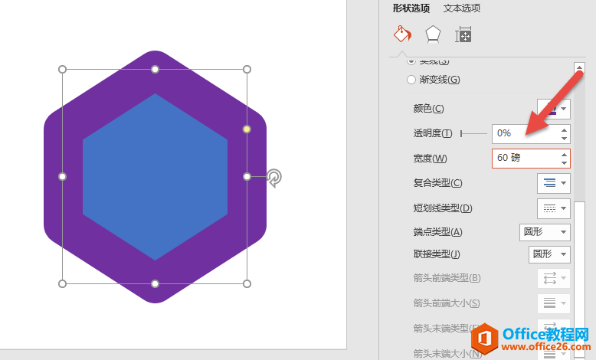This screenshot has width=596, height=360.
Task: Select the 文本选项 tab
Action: pyautogui.click(x=462, y=8)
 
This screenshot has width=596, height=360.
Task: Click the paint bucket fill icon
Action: pyautogui.click(x=401, y=34)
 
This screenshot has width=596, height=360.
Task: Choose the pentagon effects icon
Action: pyautogui.click(x=433, y=34)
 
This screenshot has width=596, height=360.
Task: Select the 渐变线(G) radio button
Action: pyautogui.click(x=412, y=79)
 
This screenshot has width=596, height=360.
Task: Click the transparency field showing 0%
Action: pyautogui.click(x=525, y=133)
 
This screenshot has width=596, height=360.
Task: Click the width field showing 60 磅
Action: pyautogui.click(x=525, y=158)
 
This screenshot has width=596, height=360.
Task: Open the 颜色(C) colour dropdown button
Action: pyautogui.click(x=554, y=108)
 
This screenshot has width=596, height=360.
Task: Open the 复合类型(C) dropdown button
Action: pyautogui.click(x=554, y=183)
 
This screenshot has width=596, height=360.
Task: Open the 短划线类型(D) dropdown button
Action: pyautogui.click(x=554, y=208)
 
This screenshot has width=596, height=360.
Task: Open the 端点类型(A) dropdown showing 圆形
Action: pyautogui.click(x=545, y=232)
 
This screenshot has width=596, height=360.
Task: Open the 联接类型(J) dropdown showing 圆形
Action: pyautogui.click(x=549, y=254)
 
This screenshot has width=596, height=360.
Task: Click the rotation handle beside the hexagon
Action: pyautogui.click(x=273, y=178)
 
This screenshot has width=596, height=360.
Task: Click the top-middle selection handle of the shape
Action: pyautogui.click(x=155, y=70)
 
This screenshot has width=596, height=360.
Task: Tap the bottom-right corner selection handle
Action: pyautogui.click(x=247, y=283)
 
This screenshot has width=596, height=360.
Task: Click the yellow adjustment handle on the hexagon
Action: pyautogui.click(x=247, y=129)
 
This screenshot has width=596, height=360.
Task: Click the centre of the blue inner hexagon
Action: pyautogui.click(x=155, y=177)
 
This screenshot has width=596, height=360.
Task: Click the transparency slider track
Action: pyautogui.click(x=473, y=133)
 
